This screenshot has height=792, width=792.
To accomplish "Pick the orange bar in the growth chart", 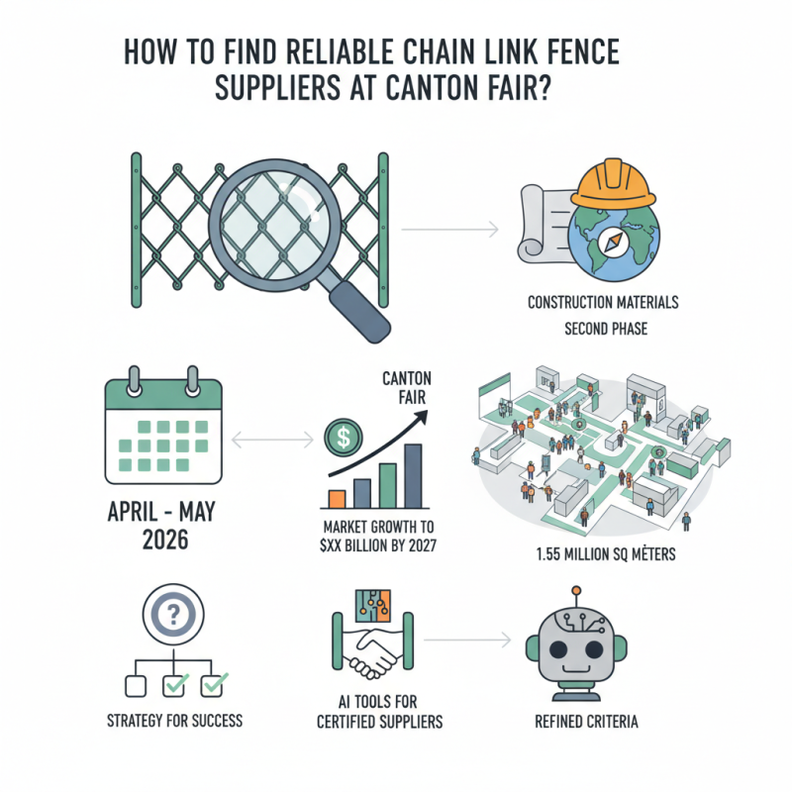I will point(336,498).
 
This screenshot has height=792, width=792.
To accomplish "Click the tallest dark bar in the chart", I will point(414,475).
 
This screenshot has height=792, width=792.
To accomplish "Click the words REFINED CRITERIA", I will point(574,722).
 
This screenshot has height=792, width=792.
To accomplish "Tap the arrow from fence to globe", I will point(450,230).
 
